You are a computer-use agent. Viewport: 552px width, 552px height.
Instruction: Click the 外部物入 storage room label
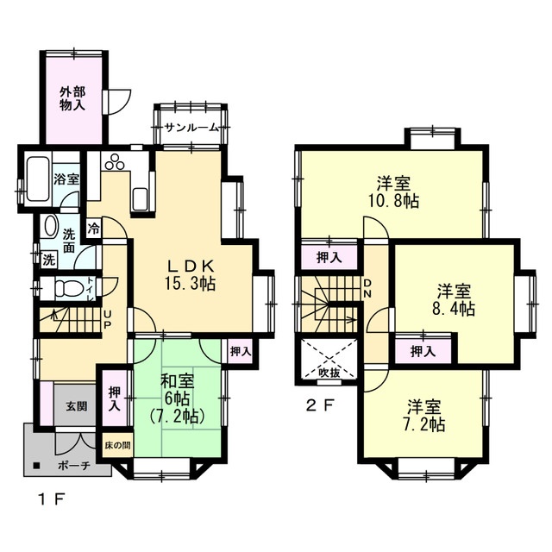[x=72, y=99]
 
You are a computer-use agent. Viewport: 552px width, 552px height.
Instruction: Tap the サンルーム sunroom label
[x=192, y=128]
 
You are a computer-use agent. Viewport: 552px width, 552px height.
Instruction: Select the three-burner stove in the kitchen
[x=115, y=162]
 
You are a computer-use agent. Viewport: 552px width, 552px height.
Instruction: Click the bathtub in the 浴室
[x=38, y=179]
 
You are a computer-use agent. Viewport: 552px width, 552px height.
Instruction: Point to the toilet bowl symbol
[x=66, y=288]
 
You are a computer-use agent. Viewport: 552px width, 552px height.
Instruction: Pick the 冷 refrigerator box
[x=94, y=229]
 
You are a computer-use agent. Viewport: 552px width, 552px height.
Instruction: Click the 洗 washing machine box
[x=48, y=260]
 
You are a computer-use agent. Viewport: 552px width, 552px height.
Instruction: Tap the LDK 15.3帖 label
[x=191, y=275]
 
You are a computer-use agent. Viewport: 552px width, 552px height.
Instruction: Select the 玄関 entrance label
[x=77, y=406]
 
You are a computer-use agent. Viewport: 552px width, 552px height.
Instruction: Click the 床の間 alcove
[x=117, y=445]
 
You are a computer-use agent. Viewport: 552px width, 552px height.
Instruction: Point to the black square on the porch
[x=35, y=466]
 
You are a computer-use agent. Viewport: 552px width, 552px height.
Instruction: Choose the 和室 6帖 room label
[x=177, y=398]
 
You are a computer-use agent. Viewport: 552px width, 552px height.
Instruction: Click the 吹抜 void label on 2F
[x=329, y=373]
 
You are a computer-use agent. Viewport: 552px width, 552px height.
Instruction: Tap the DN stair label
[x=367, y=288]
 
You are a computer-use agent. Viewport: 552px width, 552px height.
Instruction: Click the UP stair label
[x=107, y=318]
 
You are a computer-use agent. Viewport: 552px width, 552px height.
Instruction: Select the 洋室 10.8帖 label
[x=393, y=192]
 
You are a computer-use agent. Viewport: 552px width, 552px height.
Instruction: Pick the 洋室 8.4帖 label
[x=454, y=300]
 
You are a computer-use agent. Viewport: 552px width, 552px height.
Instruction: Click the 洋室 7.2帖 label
[x=424, y=416]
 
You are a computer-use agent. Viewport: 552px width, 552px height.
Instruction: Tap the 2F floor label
[x=319, y=406]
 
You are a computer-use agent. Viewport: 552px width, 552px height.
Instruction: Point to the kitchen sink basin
[x=141, y=199]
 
